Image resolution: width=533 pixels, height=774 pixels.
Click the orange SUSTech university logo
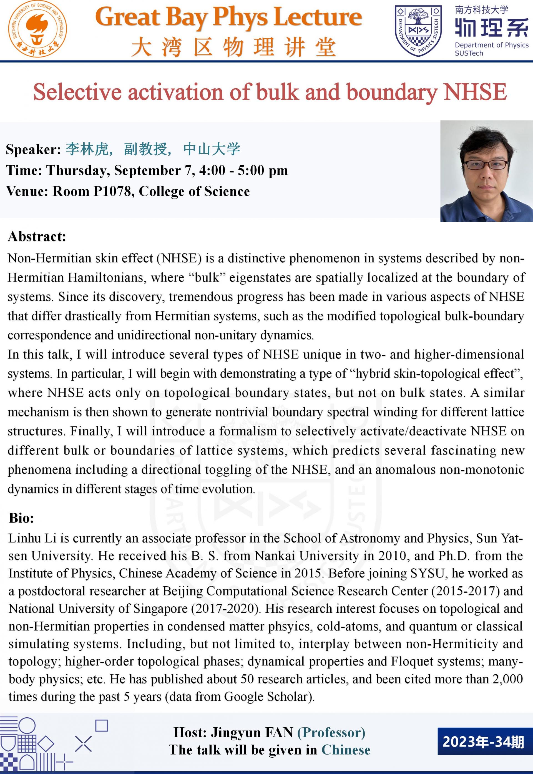point(37,29)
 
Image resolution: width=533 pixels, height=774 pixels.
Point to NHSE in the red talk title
point(475,92)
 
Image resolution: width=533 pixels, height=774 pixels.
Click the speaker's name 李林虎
point(87,149)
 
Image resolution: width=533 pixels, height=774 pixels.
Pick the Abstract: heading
point(37,237)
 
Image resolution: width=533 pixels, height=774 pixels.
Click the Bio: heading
point(22,518)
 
